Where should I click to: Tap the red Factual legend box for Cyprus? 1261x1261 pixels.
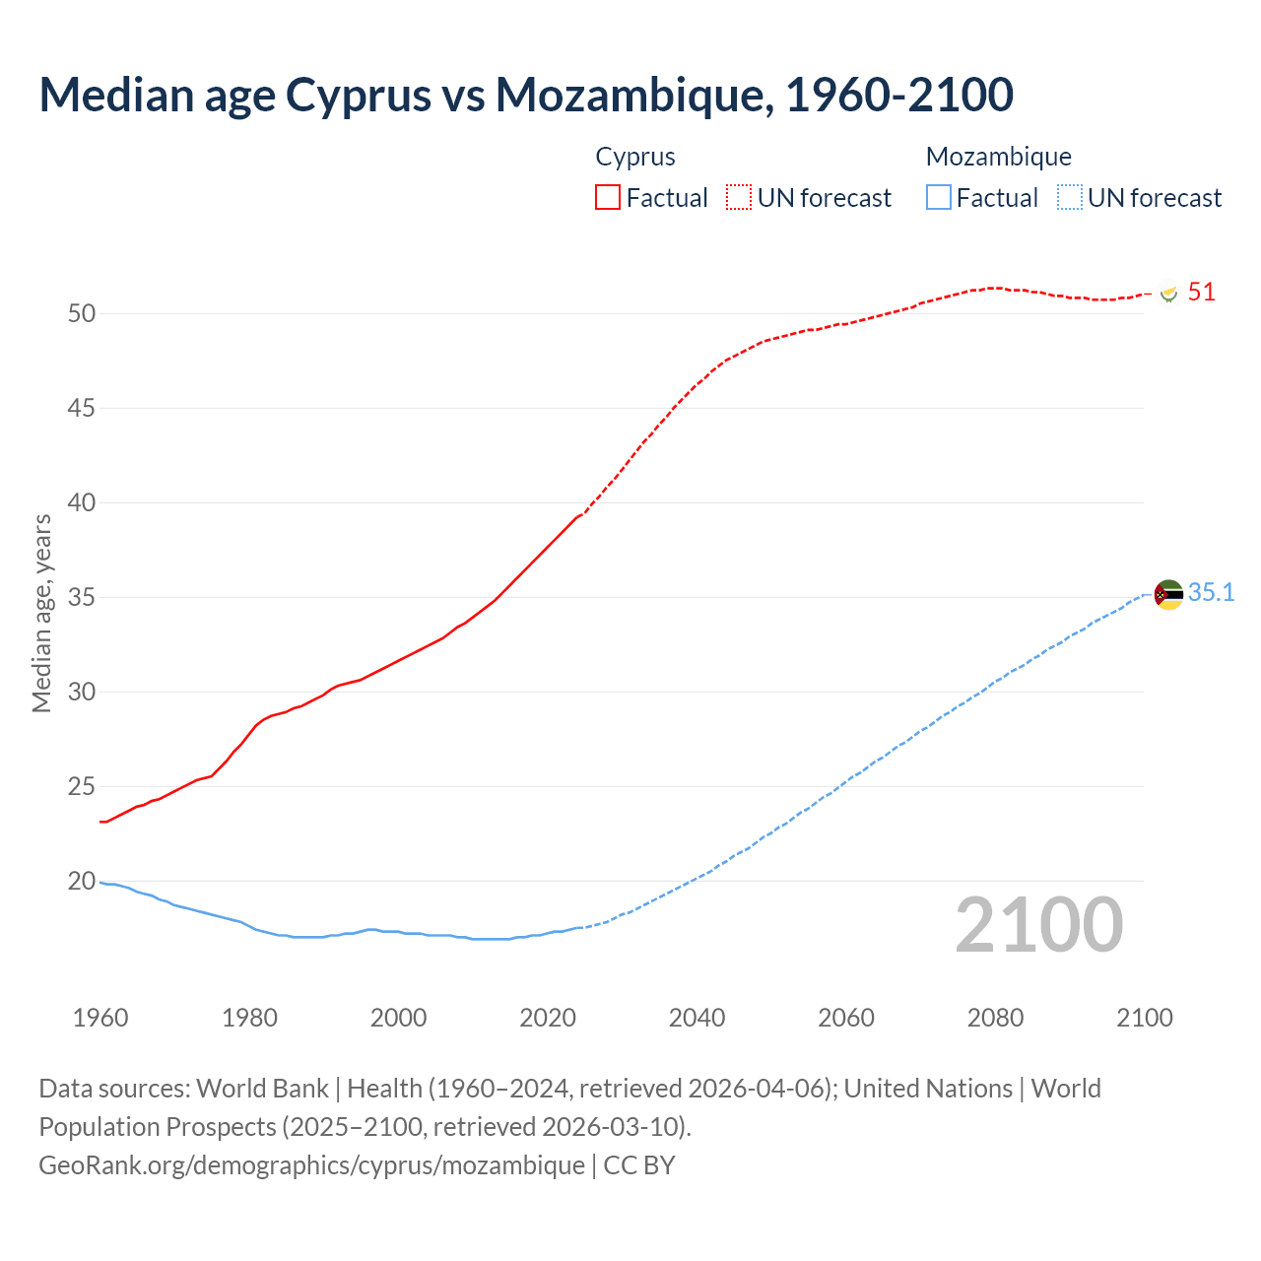click(x=608, y=197)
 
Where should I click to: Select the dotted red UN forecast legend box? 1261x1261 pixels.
click(x=739, y=197)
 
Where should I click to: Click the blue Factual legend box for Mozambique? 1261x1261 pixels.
click(x=939, y=197)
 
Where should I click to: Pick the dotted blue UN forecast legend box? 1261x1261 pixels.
click(x=1069, y=197)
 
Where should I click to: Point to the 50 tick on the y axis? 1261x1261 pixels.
click(x=82, y=313)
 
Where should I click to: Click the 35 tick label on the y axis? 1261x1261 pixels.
click(x=82, y=597)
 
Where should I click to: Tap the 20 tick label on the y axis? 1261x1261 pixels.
click(x=82, y=881)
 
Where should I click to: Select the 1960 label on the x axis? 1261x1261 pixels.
click(x=100, y=1018)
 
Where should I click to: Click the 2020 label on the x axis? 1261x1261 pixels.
click(x=548, y=1018)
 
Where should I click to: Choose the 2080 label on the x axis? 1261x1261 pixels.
click(x=995, y=1018)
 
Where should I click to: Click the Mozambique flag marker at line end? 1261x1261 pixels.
click(x=1168, y=594)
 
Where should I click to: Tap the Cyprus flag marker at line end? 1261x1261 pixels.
click(x=1168, y=294)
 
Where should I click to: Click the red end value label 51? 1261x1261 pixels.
click(x=1201, y=293)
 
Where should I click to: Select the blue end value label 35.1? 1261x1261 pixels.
click(x=1211, y=592)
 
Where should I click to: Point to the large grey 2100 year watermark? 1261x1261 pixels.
click(x=1038, y=924)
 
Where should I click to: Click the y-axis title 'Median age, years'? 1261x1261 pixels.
click(x=41, y=613)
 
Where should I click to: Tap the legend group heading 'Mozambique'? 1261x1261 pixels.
click(x=998, y=157)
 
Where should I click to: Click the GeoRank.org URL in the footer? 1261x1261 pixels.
click(x=311, y=1164)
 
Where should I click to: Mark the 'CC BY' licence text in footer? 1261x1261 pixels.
click(x=639, y=1164)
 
